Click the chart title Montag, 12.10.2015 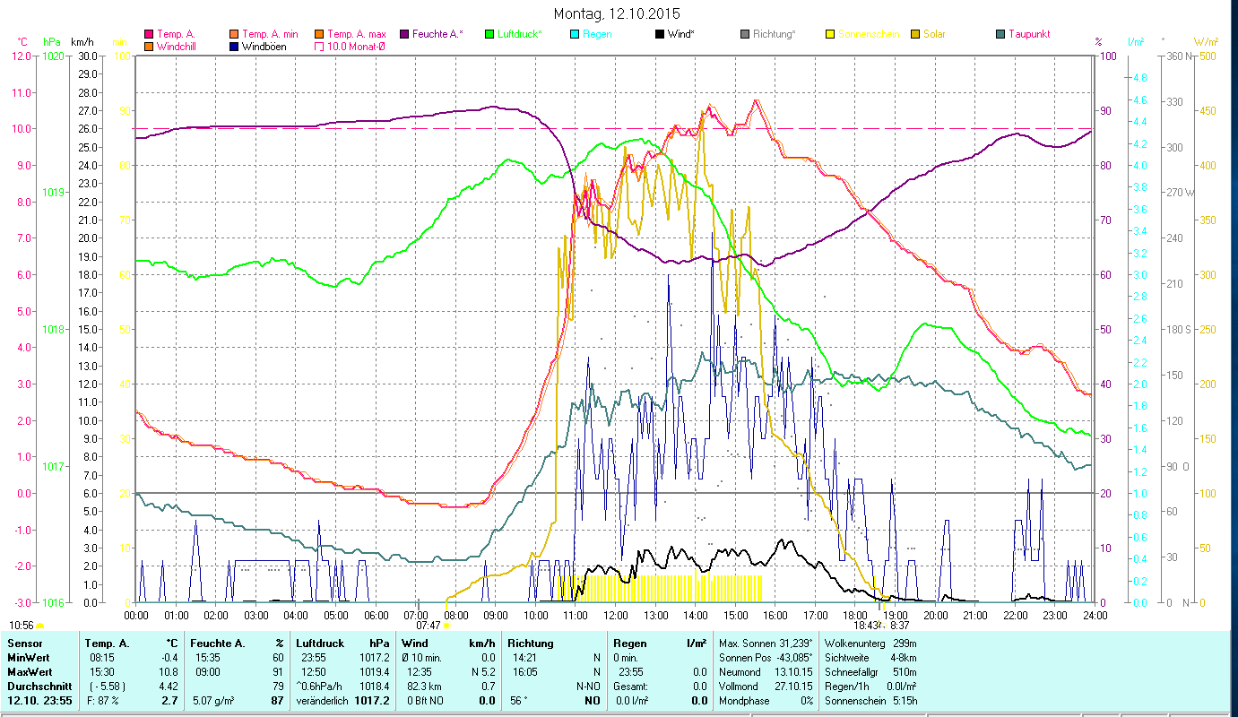point(617,13)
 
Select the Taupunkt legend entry point(1027,34)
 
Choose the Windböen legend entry point(264,47)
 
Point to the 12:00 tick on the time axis point(616,616)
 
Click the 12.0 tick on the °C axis point(22,56)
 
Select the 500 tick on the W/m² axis point(1208,56)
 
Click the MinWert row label point(29,657)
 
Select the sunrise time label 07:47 point(429,626)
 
